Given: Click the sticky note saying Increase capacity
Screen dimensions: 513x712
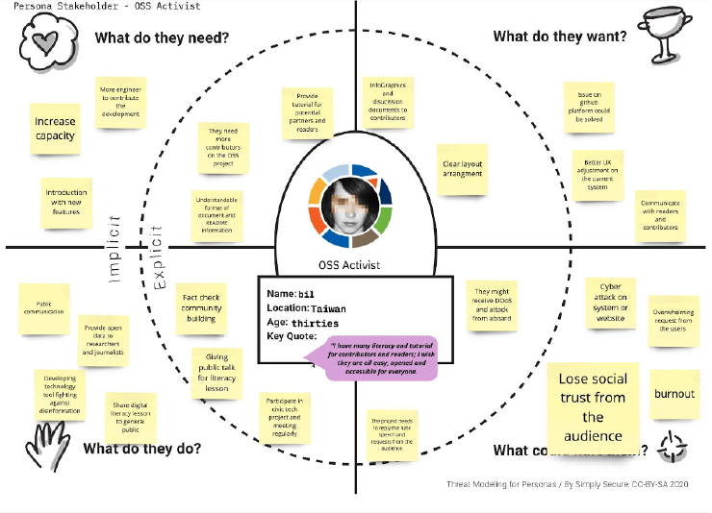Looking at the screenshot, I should coord(55,129).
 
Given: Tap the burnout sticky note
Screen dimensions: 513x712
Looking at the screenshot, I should coord(674,394).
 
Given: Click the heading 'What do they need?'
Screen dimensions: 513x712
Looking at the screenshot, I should coord(161,38).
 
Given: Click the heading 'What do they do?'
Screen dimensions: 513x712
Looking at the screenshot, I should coord(141,449).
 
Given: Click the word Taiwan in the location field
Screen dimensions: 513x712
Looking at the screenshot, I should coord(328,308).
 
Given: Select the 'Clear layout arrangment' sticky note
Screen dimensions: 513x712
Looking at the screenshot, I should coord(462,169).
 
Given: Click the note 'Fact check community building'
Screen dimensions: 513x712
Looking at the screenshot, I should coord(202,308).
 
